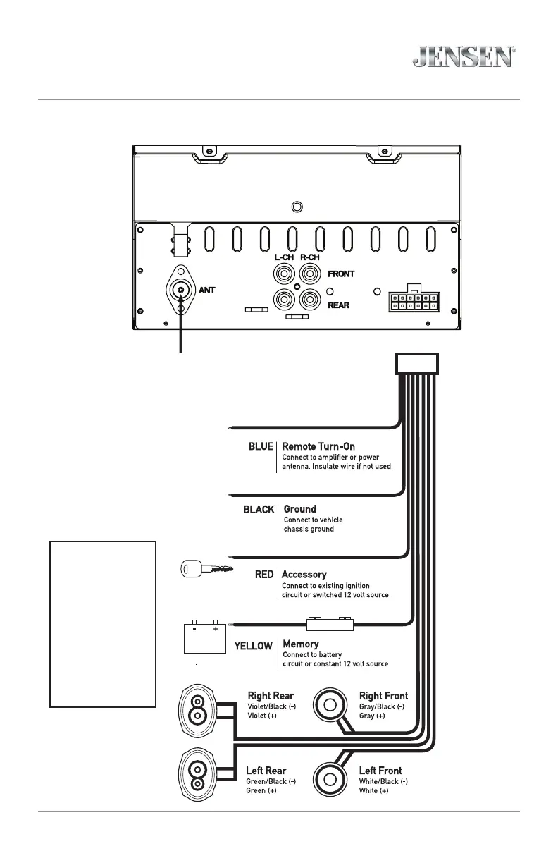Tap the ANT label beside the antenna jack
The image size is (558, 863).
[x=206, y=290]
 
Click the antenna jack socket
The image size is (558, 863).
[x=182, y=290]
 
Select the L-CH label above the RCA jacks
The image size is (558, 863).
[x=283, y=257]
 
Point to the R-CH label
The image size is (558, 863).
[x=311, y=257]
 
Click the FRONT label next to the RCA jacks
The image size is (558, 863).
[x=341, y=274]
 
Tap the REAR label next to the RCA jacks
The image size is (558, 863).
[x=338, y=305]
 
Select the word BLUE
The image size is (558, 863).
[x=260, y=447]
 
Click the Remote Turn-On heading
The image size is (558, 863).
[x=318, y=446]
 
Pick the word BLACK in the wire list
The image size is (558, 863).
[x=259, y=509]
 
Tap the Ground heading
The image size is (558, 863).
[x=299, y=508]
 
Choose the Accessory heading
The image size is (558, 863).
[x=304, y=575]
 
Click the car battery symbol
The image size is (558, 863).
[x=204, y=637]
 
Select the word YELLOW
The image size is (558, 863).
[x=253, y=645]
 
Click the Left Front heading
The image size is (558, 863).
[x=380, y=771]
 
